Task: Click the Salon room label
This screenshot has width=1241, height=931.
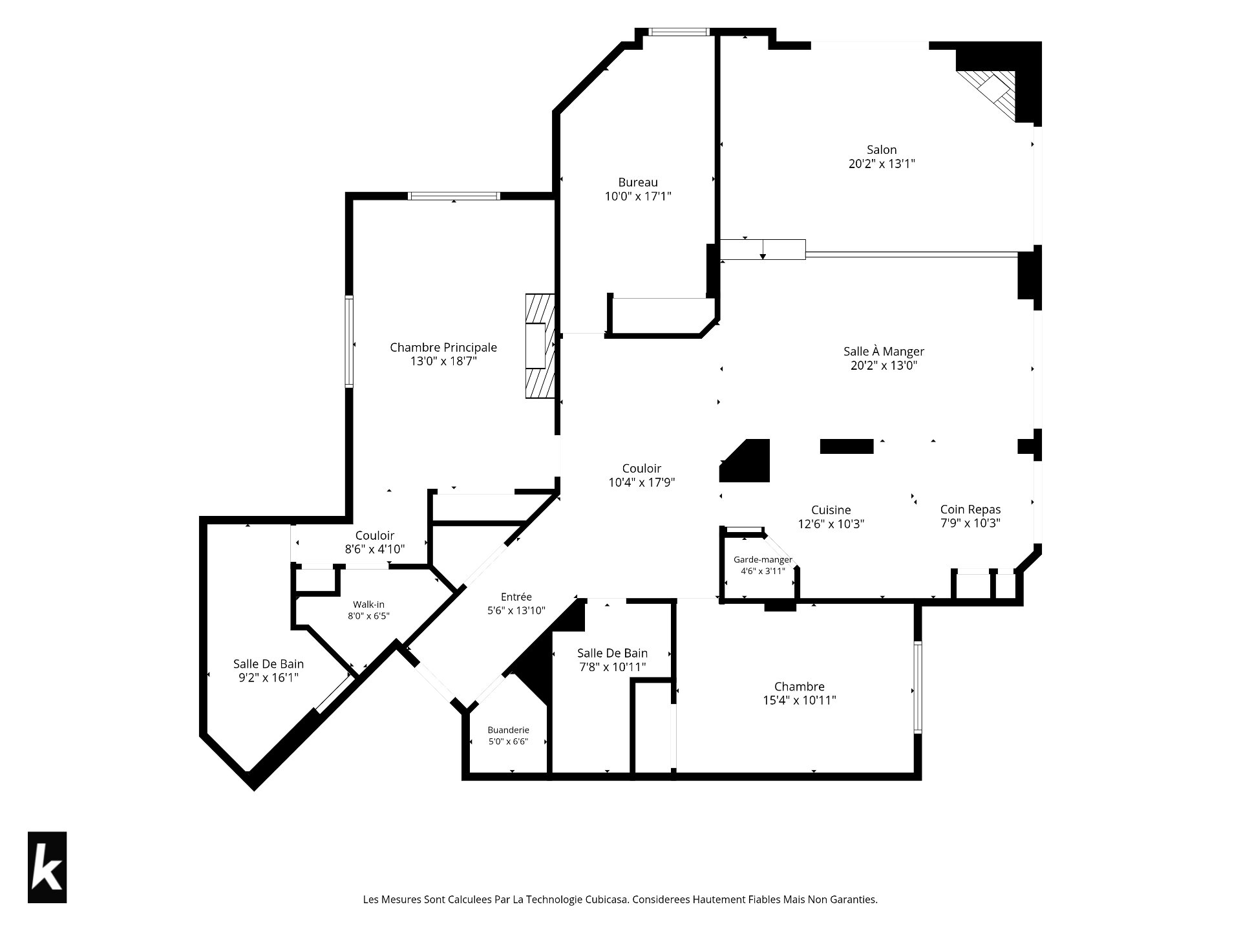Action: [882, 149]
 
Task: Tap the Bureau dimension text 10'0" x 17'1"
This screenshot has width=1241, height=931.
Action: [638, 196]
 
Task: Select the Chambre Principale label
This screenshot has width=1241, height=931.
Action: [443, 347]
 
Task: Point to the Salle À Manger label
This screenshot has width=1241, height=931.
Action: [884, 351]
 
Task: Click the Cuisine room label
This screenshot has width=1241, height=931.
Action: [831, 510]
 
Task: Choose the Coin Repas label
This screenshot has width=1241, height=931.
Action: [970, 509]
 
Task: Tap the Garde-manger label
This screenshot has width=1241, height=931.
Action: [763, 559]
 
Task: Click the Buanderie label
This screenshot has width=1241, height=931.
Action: [508, 730]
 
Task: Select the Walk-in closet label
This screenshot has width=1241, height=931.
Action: [368, 605]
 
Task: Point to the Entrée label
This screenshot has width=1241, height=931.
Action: [516, 597]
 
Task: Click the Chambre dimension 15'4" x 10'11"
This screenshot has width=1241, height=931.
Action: [800, 700]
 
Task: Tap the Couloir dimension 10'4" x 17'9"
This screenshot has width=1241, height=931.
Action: [642, 482]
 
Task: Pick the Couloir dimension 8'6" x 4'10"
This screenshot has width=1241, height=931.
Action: [375, 550]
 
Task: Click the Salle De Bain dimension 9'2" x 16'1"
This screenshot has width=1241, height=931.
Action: [268, 678]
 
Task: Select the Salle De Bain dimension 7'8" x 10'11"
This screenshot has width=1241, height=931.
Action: [612, 667]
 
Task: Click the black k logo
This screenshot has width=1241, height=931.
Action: [47, 867]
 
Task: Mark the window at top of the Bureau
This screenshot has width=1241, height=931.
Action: [679, 32]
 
